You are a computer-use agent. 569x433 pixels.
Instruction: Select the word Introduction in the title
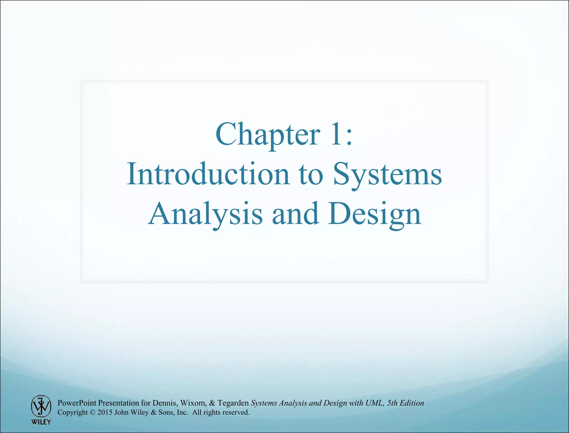[208, 174]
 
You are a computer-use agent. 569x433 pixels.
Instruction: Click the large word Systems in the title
[387, 174]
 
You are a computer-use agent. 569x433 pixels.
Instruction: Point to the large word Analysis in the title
[205, 214]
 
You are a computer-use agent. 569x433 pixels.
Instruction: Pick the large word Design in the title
[374, 214]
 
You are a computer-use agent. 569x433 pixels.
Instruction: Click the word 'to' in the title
[311, 174]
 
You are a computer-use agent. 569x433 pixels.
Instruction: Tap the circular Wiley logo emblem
[41, 406]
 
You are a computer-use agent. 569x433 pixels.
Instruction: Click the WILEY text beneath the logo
[41, 422]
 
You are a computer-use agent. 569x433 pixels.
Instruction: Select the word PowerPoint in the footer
[77, 403]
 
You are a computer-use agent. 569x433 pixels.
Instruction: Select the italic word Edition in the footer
[412, 403]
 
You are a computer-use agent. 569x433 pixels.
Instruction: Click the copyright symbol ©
[93, 412]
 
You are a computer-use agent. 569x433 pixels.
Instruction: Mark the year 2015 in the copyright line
[105, 412]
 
